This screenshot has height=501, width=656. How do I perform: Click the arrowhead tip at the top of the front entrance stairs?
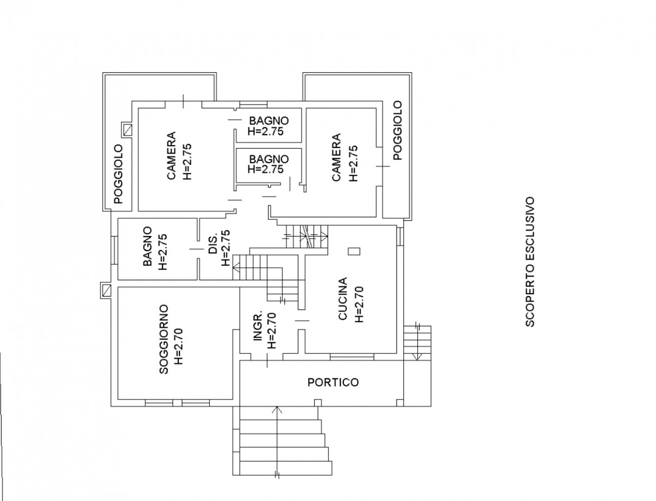(277, 407)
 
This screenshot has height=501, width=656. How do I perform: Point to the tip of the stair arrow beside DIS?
(233, 266)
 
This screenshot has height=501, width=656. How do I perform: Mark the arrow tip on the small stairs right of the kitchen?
(417, 360)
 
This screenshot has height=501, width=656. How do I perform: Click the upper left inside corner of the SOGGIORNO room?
(118, 287)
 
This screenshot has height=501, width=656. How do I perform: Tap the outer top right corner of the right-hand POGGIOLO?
(412, 73)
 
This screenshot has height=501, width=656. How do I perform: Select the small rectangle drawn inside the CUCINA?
(354, 251)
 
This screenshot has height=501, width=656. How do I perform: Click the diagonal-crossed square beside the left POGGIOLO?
(127, 130)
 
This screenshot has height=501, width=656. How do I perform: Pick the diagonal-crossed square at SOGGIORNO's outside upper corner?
(106, 290)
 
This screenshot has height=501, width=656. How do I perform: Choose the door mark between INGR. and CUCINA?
(302, 321)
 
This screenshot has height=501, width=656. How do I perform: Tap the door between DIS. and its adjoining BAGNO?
(197, 249)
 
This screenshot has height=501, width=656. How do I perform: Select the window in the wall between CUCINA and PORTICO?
(352, 357)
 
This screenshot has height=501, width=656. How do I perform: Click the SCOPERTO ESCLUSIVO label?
(529, 261)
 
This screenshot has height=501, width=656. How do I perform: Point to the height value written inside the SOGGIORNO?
(178, 346)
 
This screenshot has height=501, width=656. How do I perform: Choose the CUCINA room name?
(342, 299)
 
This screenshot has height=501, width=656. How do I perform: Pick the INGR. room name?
(258, 326)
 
